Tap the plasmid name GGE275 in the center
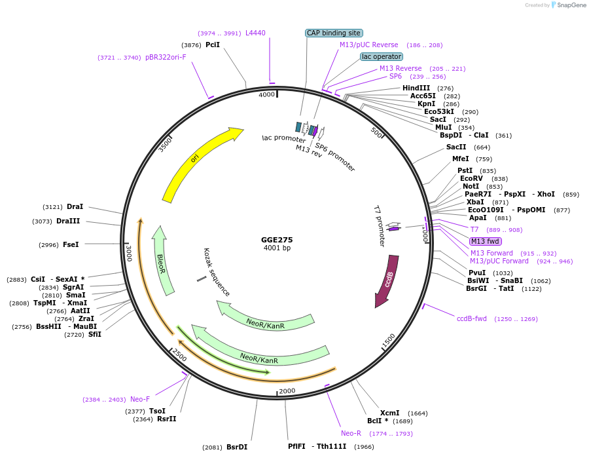click(277, 240)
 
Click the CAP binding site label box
click(334, 33)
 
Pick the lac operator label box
click(382, 57)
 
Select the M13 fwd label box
click(485, 242)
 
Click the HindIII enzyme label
click(416, 88)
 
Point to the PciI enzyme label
click(213, 45)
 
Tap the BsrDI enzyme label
click(237, 448)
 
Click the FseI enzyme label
click(71, 244)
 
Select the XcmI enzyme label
click(389, 413)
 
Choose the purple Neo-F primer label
click(140, 399)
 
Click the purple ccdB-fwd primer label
click(471, 318)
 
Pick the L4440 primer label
click(255, 33)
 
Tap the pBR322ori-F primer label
click(166, 57)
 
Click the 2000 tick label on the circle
click(287, 391)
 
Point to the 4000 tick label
click(267, 95)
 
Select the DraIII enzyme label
click(68, 221)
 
